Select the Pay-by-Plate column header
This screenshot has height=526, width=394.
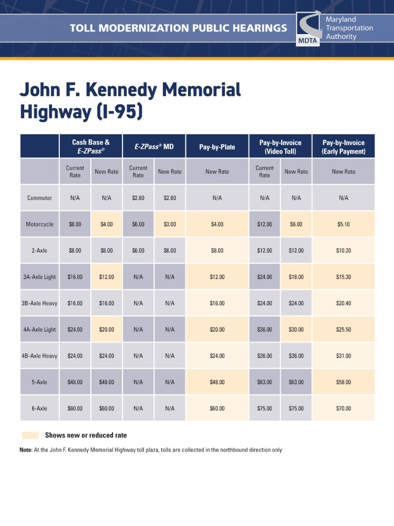217,146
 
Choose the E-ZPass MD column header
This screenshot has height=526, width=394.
154,146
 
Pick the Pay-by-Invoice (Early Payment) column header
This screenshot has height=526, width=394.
343,146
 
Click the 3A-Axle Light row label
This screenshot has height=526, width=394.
39,277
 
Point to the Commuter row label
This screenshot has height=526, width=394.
39,198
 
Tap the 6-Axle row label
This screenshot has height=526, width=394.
39,408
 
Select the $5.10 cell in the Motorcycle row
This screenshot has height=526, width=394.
344,224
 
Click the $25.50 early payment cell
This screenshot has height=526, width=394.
344,329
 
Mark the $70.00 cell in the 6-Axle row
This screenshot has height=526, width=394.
344,408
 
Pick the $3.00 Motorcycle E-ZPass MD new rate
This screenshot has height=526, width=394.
170,224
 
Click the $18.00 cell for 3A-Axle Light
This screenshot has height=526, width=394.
296,277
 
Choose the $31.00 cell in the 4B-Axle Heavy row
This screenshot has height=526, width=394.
344,356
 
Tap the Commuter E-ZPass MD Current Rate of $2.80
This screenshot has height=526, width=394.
138,198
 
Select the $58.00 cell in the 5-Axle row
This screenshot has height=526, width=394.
344,382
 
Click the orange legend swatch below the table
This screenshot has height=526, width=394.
30,436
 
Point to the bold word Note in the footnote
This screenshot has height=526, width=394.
26,450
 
